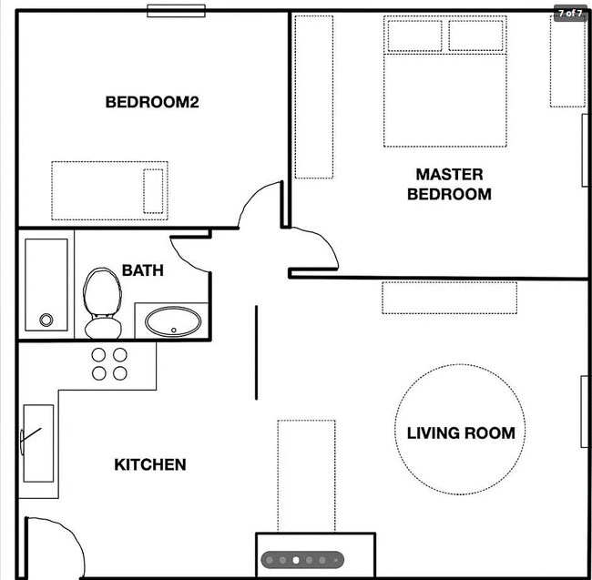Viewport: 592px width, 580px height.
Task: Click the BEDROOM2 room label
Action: coord(152,102)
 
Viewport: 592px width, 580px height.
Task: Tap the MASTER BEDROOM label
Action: coord(449,184)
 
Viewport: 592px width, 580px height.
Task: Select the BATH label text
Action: coord(143,270)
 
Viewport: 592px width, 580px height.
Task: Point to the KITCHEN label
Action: coord(150,464)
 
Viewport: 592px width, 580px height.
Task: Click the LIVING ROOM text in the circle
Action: coord(461,432)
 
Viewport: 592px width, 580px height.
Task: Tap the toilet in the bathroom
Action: coord(102,303)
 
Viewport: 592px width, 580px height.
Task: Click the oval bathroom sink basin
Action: coord(173,321)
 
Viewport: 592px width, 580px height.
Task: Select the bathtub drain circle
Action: coord(46,320)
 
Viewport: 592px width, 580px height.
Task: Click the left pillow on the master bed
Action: coord(415,36)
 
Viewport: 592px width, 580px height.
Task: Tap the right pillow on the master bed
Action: coord(475,36)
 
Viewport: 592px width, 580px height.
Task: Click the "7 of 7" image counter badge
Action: coord(570,14)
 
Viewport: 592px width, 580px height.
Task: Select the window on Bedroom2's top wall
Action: coord(176,11)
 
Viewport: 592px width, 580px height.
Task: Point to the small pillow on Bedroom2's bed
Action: coord(153,191)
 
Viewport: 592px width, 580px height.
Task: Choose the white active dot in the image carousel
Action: coord(296,560)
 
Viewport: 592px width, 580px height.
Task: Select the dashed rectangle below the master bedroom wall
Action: coord(449,298)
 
